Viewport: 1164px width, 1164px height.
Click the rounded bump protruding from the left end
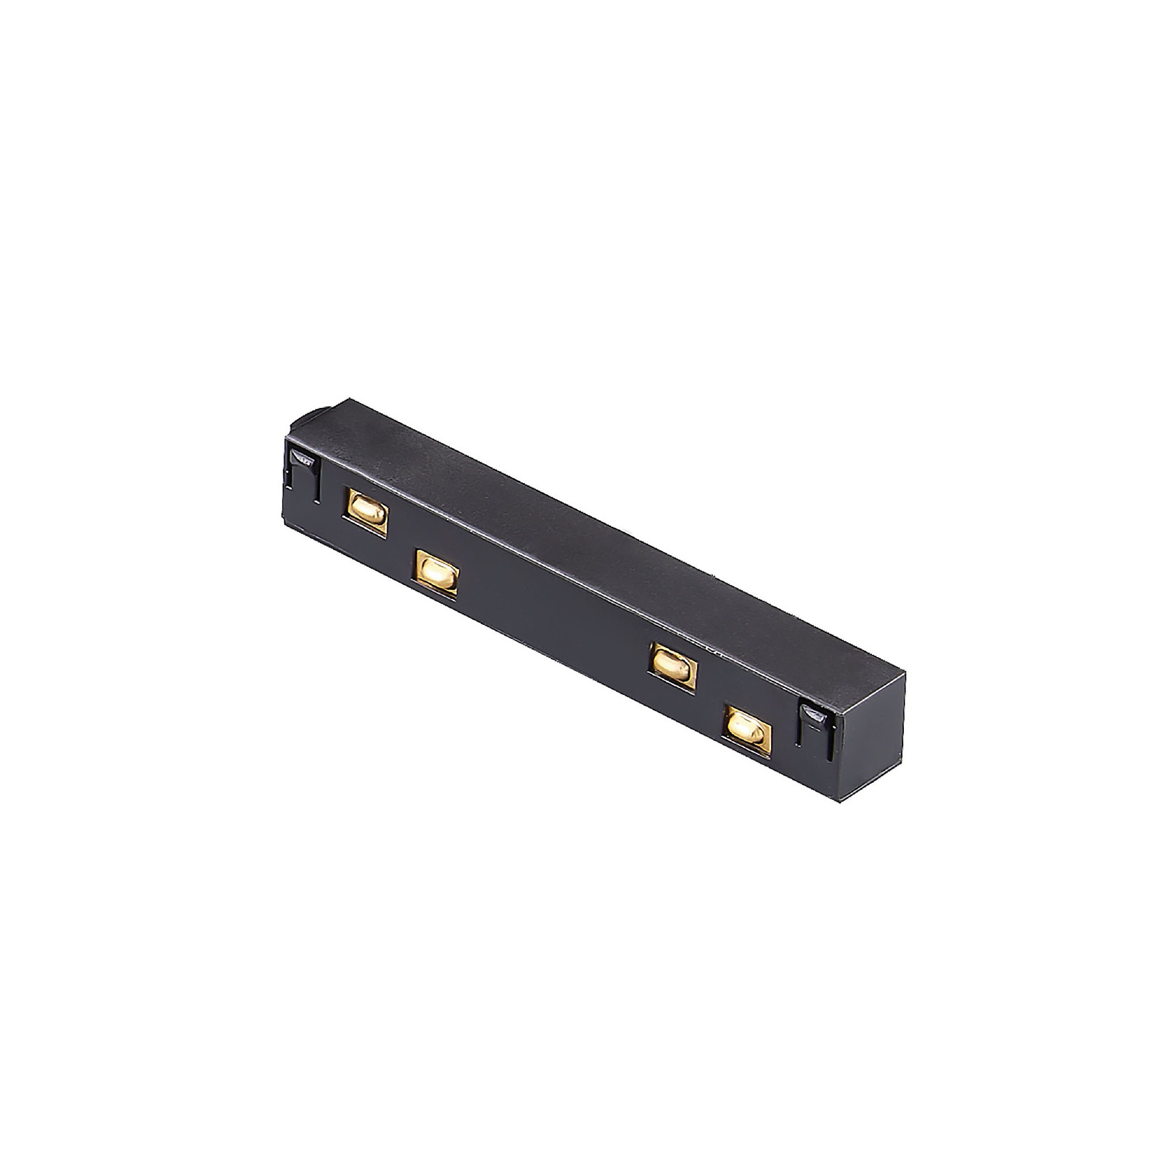click(304, 419)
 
